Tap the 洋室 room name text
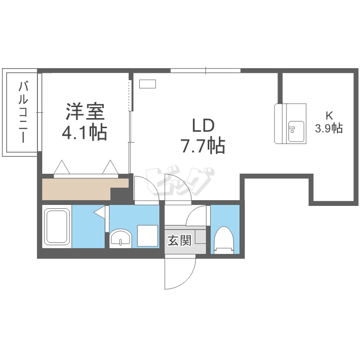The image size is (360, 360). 84,112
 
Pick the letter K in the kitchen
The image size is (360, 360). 329,116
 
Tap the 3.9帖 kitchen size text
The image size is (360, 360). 329,128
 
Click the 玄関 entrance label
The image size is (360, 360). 179,240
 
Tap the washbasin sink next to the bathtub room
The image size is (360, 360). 120,238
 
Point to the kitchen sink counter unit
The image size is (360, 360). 290,123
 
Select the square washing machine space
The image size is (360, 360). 147,236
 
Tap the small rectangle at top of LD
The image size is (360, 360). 148,84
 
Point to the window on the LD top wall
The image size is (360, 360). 205,72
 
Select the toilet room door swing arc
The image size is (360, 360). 198,216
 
